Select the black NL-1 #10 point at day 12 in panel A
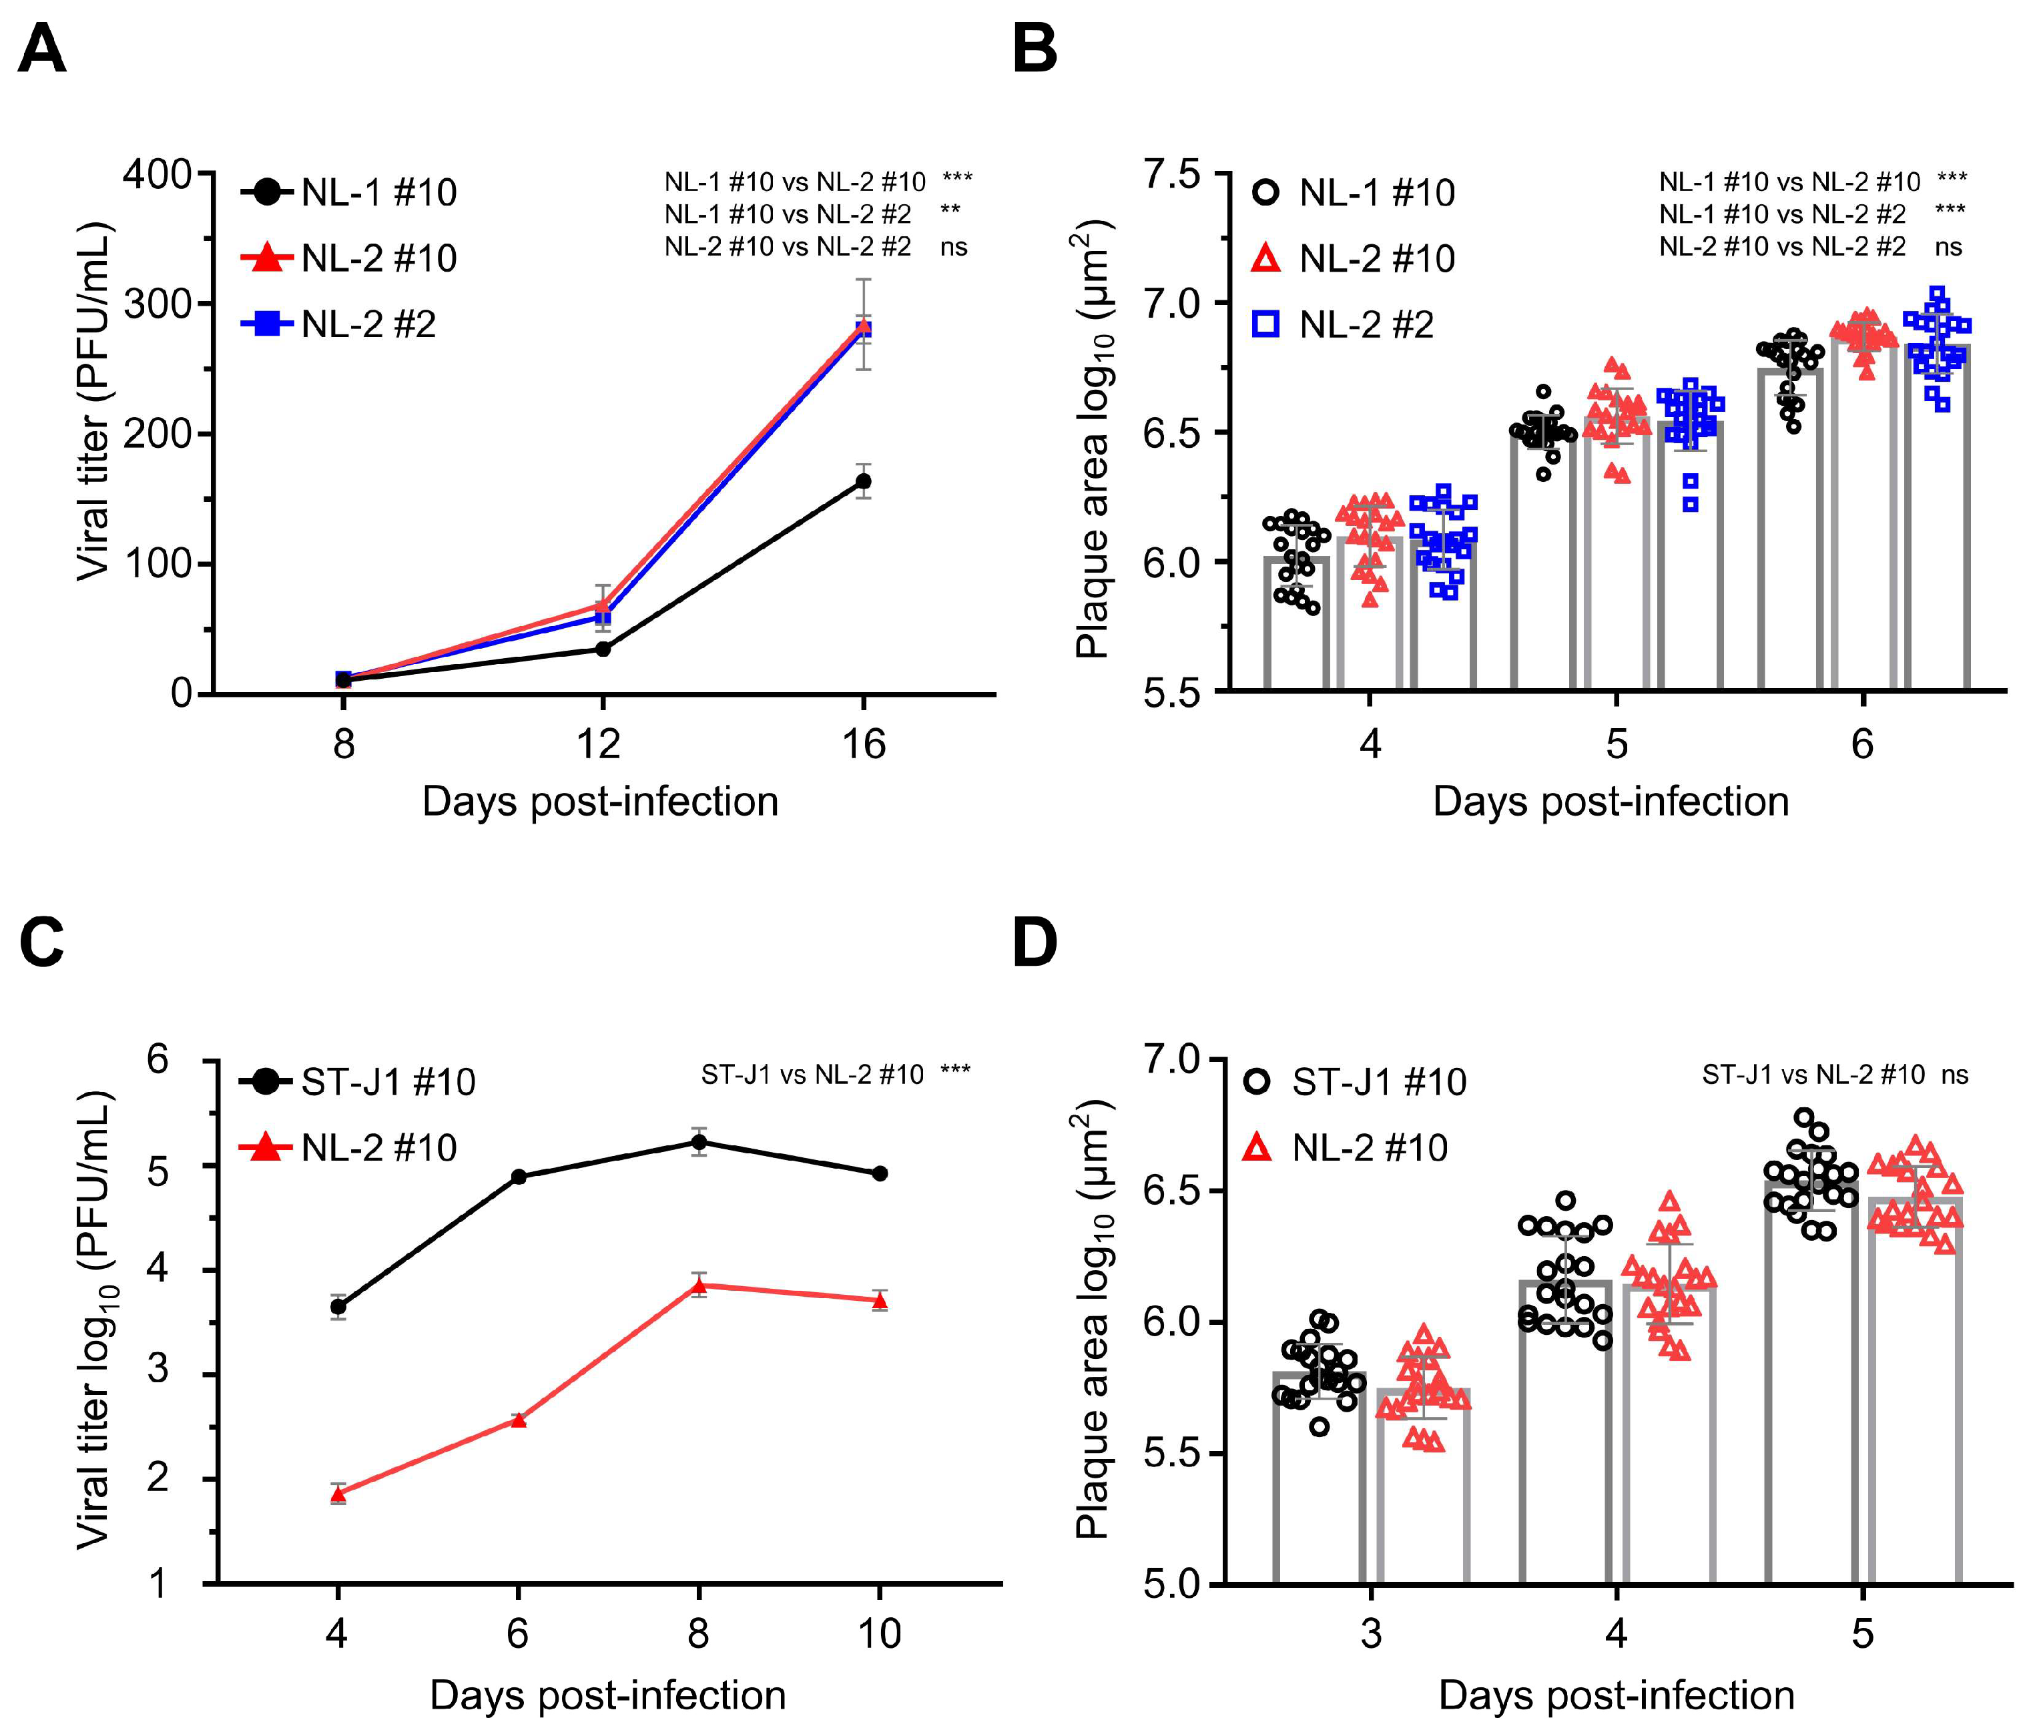[x=603, y=649]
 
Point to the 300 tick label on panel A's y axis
[x=157, y=304]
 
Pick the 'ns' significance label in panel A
[x=954, y=247]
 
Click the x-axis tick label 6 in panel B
[x=1862, y=745]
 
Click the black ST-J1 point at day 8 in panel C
[x=699, y=1142]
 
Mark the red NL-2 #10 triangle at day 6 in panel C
[x=519, y=1420]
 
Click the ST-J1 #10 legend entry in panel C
[x=358, y=1082]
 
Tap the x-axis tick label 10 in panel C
[x=879, y=1634]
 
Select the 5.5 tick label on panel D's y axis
[x=1171, y=1454]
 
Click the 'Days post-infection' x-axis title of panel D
[x=1617, y=1696]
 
